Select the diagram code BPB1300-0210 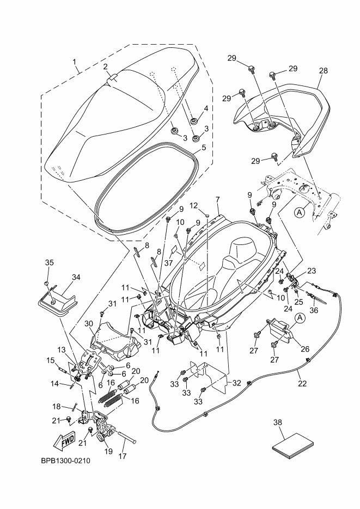point(65,461)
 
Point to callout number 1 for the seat point(75,62)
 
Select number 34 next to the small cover point(76,277)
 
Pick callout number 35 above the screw point(49,262)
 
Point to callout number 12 point(193,205)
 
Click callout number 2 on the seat point(106,66)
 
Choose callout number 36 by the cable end point(315,310)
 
